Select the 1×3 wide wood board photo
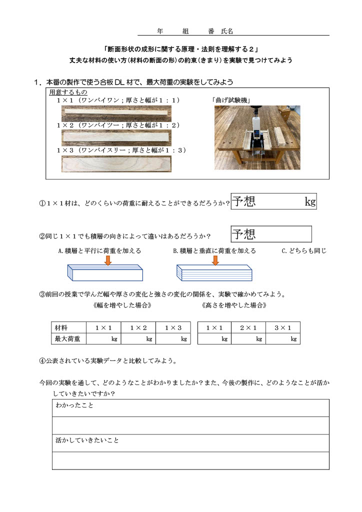coord(115,164)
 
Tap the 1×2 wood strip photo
coord(115,138)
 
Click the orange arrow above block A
coord(107,260)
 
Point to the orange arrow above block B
coord(216,260)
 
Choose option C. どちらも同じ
coord(304,250)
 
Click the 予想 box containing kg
coord(274,201)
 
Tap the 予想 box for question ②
coord(271,233)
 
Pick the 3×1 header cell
coord(283,327)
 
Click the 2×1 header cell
coord(248,327)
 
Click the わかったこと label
coord(75,405)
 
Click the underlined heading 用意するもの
coord(68,92)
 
